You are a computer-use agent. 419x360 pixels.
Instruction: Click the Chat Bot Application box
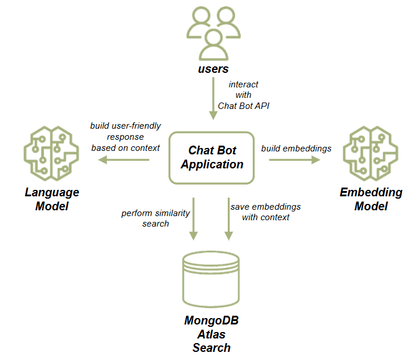[212, 157]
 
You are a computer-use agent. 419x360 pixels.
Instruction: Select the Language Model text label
[52, 199]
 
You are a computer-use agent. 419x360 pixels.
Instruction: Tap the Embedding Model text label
[371, 199]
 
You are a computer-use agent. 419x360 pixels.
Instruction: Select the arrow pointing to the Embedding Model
[295, 159]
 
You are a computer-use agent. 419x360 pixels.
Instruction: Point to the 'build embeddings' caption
[296, 149]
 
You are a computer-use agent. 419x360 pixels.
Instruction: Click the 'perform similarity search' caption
[156, 218]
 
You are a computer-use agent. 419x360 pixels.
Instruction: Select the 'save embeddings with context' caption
[266, 212]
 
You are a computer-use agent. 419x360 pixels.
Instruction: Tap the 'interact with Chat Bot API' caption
[243, 95]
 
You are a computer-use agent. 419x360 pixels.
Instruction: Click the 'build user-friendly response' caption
[125, 137]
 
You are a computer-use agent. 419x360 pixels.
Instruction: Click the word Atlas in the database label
[212, 334]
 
